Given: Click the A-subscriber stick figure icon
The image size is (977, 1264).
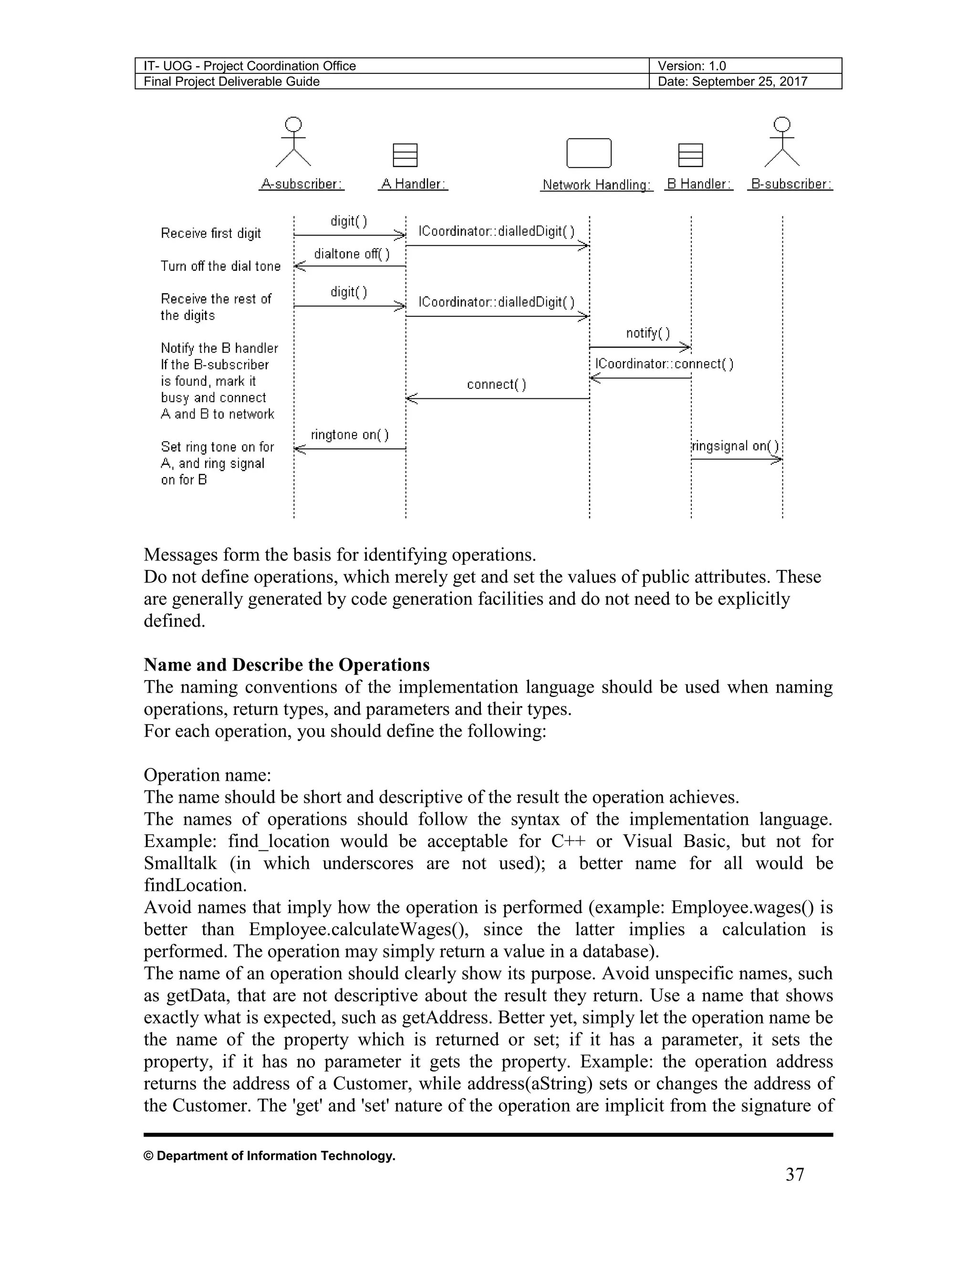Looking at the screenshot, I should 294,142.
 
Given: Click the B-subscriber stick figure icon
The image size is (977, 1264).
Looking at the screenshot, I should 782,142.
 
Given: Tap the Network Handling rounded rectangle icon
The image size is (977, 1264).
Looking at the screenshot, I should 589,154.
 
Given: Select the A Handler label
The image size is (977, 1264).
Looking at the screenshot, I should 413,184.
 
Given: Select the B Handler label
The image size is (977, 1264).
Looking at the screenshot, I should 698,184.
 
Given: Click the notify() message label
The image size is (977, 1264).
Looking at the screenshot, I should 648,333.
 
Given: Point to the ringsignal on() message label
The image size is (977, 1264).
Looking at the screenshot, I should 735,446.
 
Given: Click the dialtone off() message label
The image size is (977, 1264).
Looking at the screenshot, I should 351,254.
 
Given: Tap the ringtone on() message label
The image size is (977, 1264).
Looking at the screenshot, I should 350,435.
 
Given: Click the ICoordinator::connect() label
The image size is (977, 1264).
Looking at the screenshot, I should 664,364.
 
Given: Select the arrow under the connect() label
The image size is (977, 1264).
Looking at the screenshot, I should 497,399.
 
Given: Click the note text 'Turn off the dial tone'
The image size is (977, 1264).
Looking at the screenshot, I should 220,266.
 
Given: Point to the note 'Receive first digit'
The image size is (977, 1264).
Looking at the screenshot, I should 211,233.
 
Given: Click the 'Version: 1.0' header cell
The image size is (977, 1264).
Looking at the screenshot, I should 692,66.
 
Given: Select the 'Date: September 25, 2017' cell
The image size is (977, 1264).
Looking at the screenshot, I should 732,82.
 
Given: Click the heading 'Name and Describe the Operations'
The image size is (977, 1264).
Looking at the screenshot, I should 287,665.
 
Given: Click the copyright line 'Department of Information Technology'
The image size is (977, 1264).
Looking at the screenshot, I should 270,1156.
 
